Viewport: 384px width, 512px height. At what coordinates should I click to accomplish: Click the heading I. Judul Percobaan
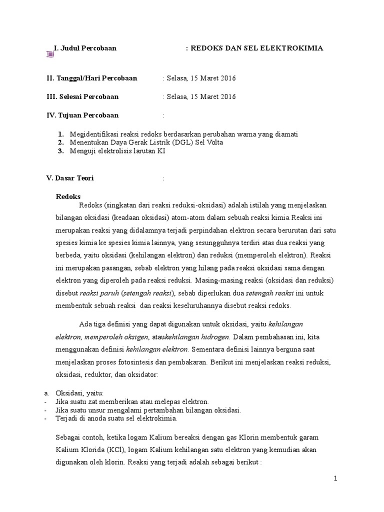(x=85, y=48)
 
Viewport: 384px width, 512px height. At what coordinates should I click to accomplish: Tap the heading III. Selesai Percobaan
(x=82, y=96)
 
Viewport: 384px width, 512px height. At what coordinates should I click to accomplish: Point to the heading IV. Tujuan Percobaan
(x=82, y=115)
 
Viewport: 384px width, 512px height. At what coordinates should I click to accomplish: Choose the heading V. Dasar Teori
(x=70, y=177)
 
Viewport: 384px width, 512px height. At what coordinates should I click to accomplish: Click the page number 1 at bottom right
(x=336, y=478)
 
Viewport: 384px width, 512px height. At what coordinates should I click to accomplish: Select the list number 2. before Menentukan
(x=60, y=142)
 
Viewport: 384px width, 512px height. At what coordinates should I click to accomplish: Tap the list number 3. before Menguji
(x=60, y=151)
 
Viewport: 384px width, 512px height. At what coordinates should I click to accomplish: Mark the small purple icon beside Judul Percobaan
(x=50, y=53)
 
